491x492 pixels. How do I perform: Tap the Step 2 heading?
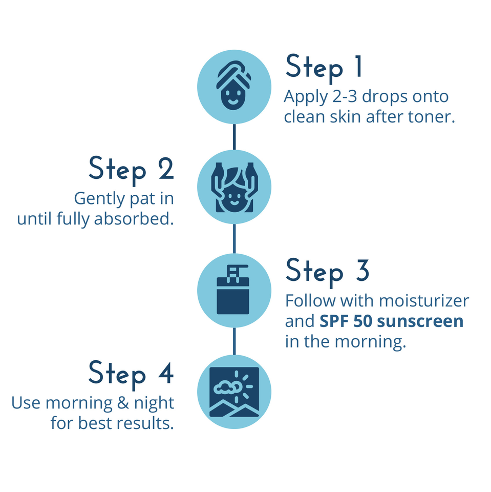132,170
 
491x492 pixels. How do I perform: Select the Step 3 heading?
327,272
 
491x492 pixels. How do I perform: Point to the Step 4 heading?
131,374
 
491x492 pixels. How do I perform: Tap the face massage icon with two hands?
234,188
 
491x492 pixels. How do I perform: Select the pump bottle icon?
234,290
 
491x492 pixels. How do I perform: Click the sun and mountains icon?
234,392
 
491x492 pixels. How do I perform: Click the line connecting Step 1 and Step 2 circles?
234,136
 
